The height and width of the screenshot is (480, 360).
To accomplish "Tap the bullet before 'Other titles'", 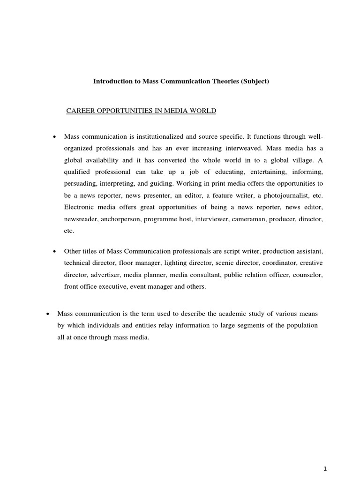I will [x=55, y=251].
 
